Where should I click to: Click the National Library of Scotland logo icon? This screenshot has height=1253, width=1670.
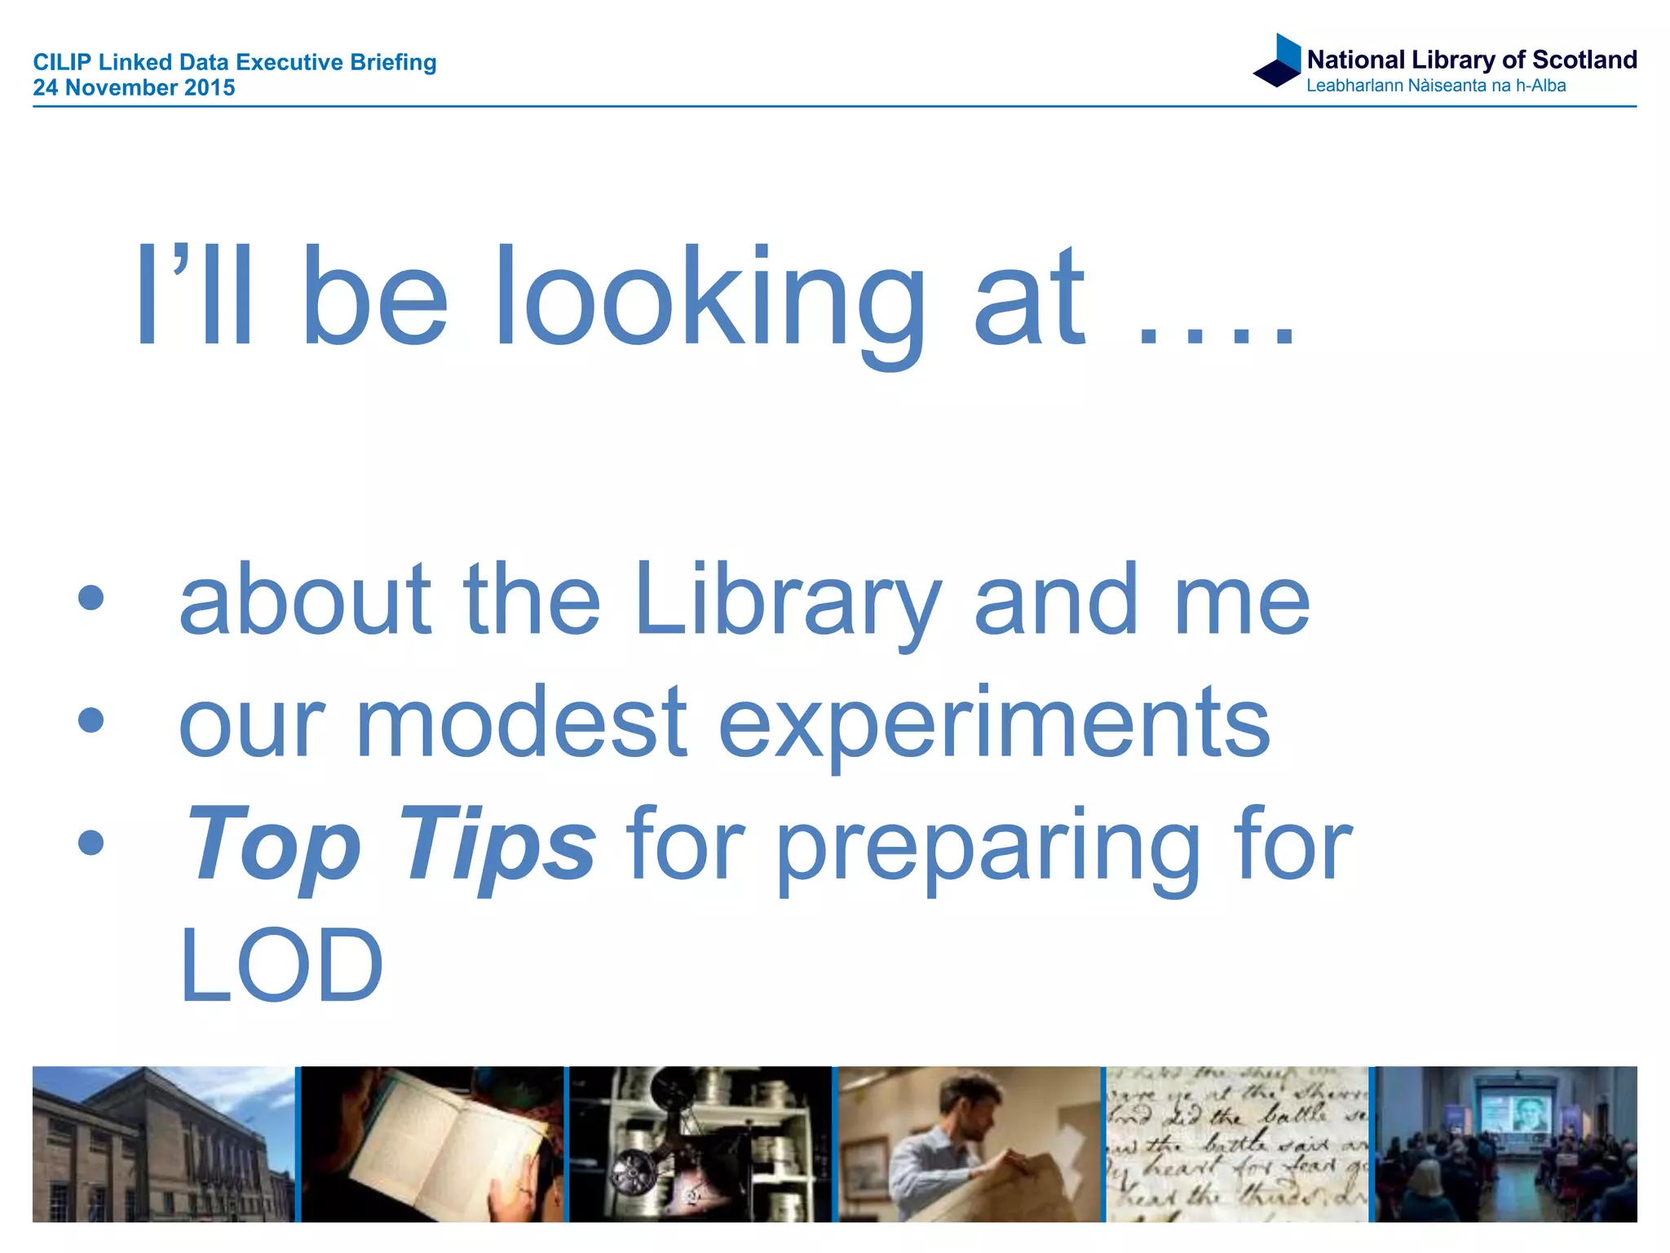point(1278,60)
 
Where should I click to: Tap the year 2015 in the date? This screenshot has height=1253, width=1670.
point(210,88)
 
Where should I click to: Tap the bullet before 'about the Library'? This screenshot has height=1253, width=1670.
point(91,598)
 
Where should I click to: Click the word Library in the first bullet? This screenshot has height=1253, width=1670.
point(788,600)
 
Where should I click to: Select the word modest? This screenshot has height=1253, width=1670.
point(522,723)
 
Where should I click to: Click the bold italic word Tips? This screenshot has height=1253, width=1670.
point(497,845)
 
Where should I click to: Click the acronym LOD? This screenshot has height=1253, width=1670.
point(281,966)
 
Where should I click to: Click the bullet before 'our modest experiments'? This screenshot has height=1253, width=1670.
point(91,720)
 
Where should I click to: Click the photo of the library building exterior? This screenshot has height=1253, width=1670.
point(163,1144)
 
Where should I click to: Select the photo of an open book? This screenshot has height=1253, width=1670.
point(432,1144)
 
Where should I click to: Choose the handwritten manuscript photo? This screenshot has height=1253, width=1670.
point(1236,1144)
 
